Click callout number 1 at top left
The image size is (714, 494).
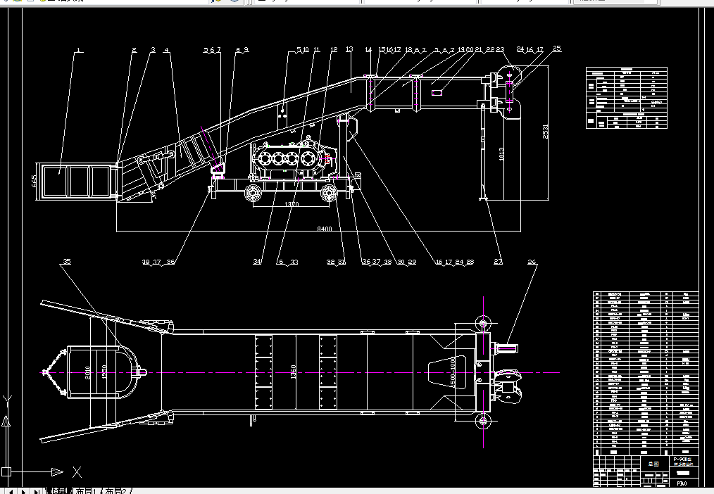click(x=79, y=49)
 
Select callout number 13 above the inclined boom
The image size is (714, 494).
click(x=349, y=49)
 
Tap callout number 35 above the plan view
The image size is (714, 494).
click(x=67, y=262)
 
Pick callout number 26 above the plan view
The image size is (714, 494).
click(x=532, y=262)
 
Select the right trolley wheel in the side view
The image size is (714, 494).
click(x=329, y=194)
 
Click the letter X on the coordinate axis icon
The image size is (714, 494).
click(x=77, y=471)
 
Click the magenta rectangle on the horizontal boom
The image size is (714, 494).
click(x=436, y=91)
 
